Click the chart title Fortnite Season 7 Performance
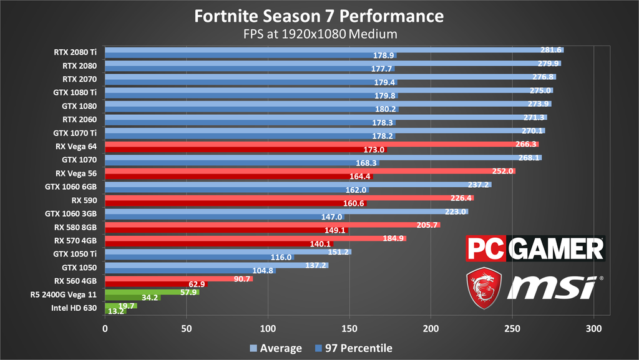pos(319,16)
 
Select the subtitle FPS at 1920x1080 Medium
pos(319,33)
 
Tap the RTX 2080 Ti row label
pos(76,52)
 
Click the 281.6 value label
pos(551,50)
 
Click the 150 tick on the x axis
pos(349,328)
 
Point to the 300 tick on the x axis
pos(594,328)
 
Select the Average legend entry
pos(275,348)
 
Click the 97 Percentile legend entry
pos(354,348)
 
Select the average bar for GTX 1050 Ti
pos(228,252)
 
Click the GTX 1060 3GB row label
pos(71,213)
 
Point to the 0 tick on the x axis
pos(105,328)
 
